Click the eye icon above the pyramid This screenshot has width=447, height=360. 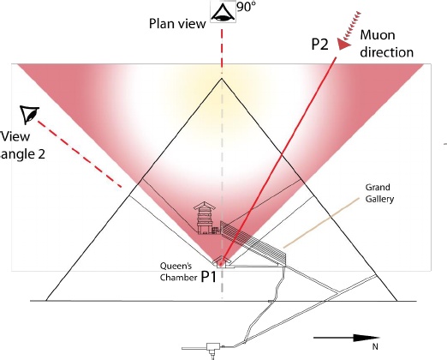223,13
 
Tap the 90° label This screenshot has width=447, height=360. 246,7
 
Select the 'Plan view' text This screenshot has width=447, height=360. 177,24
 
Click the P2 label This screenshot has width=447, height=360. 319,45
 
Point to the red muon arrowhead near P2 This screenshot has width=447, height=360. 343,45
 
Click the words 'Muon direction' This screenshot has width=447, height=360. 386,44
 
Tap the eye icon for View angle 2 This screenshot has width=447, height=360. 29,114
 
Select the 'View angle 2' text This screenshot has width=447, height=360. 22,145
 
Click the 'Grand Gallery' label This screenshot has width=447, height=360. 379,193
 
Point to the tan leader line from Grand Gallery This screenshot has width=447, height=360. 321,222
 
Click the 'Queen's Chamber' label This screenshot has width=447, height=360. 179,272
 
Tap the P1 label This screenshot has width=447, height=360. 209,277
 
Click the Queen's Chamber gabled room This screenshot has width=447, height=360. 222,262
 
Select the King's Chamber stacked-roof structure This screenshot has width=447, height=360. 205,218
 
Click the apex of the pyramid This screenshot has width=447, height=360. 222,79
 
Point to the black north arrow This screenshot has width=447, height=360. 347,338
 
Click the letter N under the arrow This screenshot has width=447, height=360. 375,346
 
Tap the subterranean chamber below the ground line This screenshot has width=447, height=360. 212,348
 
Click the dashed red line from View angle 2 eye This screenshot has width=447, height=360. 80,154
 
